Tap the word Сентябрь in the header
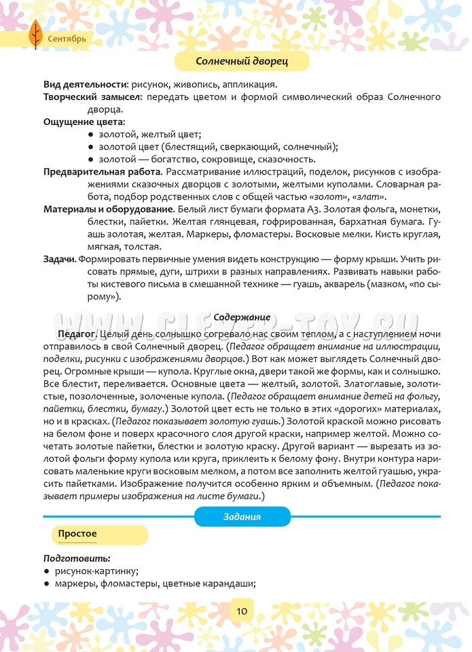(x=67, y=39)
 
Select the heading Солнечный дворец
(x=242, y=62)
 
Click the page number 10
(x=242, y=611)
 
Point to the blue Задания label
(x=242, y=517)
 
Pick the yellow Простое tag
(x=77, y=534)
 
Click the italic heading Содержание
(x=242, y=317)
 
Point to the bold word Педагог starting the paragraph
(x=75, y=334)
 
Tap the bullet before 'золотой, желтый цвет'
(x=90, y=135)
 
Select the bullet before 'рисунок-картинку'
(x=46, y=571)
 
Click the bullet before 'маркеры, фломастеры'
(x=46, y=583)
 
